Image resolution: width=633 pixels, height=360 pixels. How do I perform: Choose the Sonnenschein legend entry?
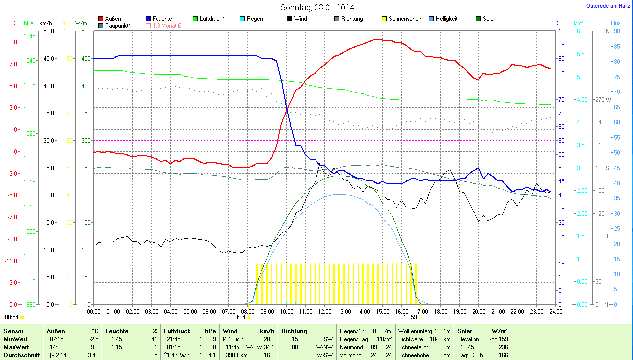coord(402,19)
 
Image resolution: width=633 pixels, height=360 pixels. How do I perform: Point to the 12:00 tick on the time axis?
coord(325,311)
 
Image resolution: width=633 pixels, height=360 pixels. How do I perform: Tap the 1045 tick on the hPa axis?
coord(30,36)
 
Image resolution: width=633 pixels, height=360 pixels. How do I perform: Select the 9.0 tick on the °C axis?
coord(13,42)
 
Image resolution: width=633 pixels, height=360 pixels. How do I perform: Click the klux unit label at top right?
coord(616,23)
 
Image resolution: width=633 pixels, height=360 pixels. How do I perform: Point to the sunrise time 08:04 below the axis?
coord(239,317)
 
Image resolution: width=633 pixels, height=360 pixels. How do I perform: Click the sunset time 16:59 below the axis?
coord(410,317)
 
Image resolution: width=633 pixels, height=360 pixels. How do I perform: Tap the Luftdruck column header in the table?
coord(177,331)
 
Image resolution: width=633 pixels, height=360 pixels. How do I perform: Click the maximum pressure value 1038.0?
coord(207,347)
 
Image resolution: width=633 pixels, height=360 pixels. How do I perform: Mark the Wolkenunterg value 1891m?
coord(442,331)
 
